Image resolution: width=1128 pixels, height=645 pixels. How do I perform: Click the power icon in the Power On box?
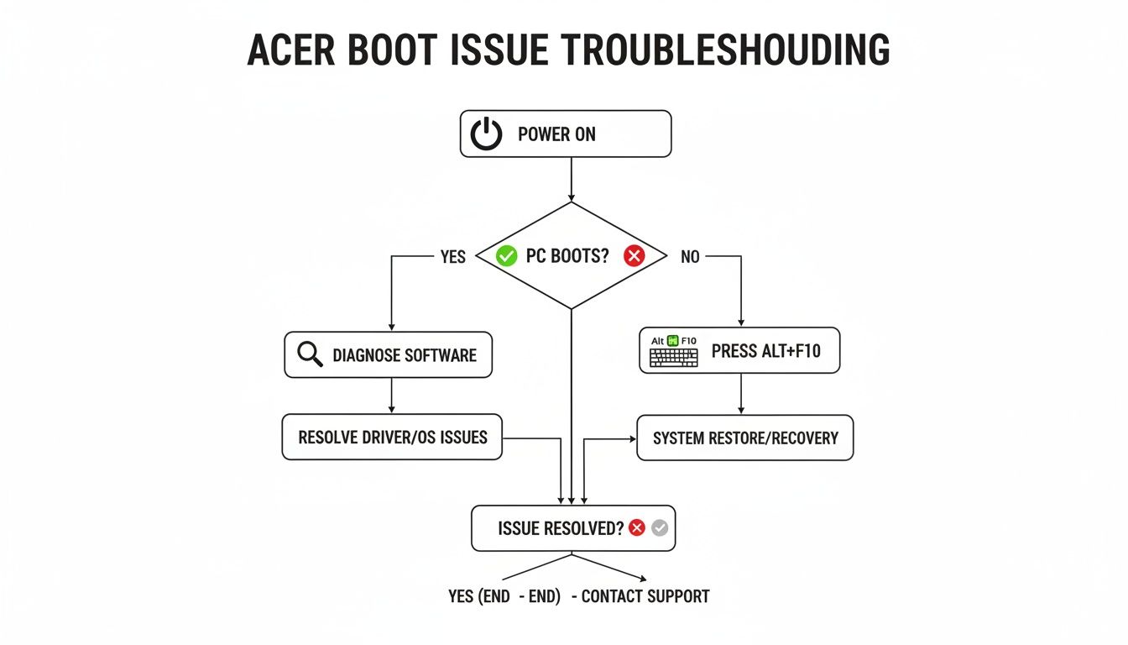pyautogui.click(x=486, y=134)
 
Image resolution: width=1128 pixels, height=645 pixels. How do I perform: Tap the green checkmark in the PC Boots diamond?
pyautogui.click(x=506, y=256)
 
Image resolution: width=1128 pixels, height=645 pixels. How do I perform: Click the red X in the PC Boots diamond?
pyautogui.click(x=634, y=256)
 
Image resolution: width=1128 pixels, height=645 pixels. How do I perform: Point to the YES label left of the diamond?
pyautogui.click(x=452, y=257)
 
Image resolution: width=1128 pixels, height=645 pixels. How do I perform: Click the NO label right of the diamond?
pyautogui.click(x=690, y=257)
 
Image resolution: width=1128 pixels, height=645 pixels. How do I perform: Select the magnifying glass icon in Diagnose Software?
pyautogui.click(x=310, y=354)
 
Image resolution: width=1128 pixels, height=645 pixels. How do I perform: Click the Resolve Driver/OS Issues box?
pyautogui.click(x=392, y=437)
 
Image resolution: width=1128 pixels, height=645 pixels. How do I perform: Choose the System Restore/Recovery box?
pyautogui.click(x=745, y=438)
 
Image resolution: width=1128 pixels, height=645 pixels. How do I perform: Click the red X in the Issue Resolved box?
pyautogui.click(x=637, y=528)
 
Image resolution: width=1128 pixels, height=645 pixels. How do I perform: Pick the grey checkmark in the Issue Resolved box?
pyautogui.click(x=660, y=528)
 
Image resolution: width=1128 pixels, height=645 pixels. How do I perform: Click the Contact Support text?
pyautogui.click(x=645, y=596)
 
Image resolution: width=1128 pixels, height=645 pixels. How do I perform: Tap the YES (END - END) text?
pyautogui.click(x=504, y=596)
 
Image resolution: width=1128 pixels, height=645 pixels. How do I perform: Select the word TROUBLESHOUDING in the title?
pyautogui.click(x=725, y=51)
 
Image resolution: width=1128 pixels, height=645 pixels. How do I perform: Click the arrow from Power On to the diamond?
pyautogui.click(x=572, y=180)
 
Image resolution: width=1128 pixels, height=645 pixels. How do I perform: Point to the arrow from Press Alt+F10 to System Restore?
pyautogui.click(x=740, y=394)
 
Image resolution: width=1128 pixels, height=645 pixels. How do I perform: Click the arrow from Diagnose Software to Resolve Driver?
pyautogui.click(x=392, y=396)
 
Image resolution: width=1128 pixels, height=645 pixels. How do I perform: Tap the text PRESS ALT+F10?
pyautogui.click(x=765, y=351)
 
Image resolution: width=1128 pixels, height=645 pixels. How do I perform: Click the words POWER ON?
pyautogui.click(x=556, y=134)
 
